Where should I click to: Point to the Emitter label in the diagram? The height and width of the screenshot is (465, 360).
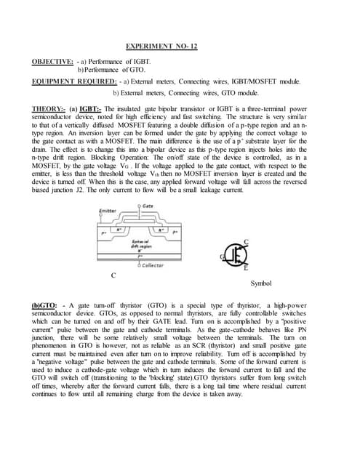point(108,210)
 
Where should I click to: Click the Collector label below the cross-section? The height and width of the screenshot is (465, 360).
point(153,265)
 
